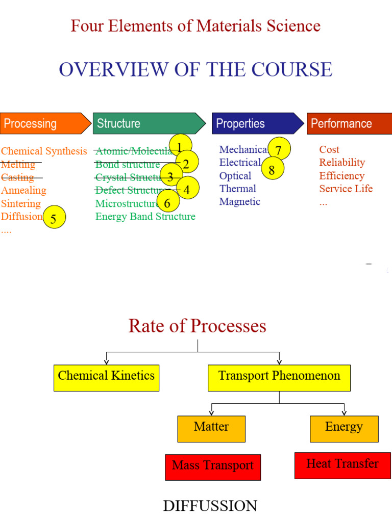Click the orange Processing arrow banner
pos(43,123)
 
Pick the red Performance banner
pos(349,123)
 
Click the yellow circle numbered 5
pos(55,218)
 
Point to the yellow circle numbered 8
pos(272,169)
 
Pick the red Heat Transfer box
pos(342,465)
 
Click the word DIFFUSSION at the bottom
pos(210,506)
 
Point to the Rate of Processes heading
pos(198,326)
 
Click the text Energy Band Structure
pos(145,217)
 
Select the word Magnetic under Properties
pos(240,201)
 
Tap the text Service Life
pos(346,189)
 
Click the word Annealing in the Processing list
pos(23,190)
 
